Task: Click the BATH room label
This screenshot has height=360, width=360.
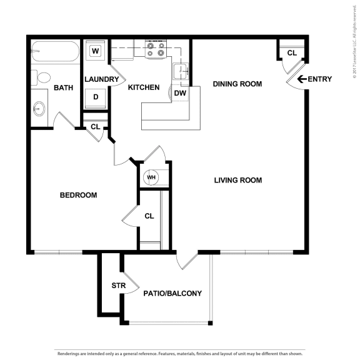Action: (64, 87)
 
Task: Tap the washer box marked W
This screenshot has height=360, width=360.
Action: (96, 51)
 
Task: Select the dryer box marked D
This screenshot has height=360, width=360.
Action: (96, 96)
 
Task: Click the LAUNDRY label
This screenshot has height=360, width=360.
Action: (101, 79)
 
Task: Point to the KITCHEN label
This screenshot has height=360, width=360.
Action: (143, 87)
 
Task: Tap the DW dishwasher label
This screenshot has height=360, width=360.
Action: (179, 93)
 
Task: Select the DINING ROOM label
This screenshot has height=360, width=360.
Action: (237, 84)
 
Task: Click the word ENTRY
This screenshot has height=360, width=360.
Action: (321, 79)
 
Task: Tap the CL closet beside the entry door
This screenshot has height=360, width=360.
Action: (291, 52)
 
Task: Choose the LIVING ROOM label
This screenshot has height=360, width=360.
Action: (237, 181)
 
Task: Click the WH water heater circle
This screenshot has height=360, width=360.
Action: (151, 177)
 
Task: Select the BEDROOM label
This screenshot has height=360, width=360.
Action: (78, 195)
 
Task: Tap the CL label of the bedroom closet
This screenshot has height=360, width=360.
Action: (149, 216)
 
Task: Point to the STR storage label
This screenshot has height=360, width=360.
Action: (119, 286)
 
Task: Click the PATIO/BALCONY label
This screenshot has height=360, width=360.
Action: (172, 292)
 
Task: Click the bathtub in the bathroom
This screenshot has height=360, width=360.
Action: (55, 51)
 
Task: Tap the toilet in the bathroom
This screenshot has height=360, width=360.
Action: (42, 78)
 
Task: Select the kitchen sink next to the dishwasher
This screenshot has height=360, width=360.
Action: (180, 70)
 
